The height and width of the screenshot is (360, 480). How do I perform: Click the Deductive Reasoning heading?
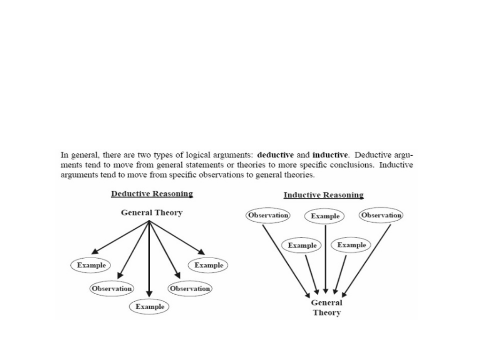coord(152,194)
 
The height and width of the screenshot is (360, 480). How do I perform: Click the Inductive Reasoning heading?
coord(324,195)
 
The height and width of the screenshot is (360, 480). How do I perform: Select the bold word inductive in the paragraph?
coord(330,155)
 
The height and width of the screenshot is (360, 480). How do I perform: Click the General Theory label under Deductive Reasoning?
coord(152,213)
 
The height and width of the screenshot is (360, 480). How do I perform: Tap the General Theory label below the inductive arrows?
coord(327,308)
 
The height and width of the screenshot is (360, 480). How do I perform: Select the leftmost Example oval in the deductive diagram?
coord(91,265)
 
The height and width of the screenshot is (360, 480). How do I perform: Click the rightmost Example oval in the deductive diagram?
coord(208,265)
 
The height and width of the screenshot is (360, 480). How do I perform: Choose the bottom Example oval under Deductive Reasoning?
coord(150,307)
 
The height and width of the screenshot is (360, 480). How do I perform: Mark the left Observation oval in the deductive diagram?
coord(112,288)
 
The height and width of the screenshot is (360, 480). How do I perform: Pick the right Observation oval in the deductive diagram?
coord(190,288)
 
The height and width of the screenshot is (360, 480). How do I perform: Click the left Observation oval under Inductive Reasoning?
coord(268,216)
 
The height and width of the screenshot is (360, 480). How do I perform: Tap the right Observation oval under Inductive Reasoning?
coord(381,216)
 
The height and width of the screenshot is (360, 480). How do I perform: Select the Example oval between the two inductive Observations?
coord(325,216)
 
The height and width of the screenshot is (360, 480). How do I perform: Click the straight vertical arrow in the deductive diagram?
coord(150,262)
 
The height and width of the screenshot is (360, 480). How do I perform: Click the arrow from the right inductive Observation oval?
coord(367,260)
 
